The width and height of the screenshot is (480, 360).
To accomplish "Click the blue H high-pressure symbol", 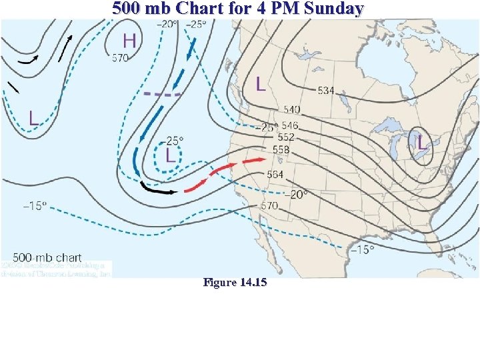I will [129, 40].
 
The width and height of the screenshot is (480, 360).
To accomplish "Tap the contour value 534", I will [326, 90].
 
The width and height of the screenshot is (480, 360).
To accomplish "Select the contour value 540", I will [291, 109].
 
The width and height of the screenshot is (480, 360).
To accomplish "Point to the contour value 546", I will [290, 125].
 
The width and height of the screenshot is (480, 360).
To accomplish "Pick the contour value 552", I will [286, 137].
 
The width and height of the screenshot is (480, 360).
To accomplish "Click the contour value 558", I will [281, 150].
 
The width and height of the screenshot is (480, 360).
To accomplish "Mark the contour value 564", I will [275, 174].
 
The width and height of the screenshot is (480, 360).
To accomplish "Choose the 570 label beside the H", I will [120, 58].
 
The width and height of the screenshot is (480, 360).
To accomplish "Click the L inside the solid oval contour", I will [421, 142].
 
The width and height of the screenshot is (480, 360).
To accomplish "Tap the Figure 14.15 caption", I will [235, 283].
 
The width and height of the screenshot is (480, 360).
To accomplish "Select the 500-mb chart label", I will [47, 257].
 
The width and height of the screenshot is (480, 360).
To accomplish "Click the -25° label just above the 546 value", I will [269, 127].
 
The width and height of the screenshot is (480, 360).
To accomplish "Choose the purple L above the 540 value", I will [261, 84].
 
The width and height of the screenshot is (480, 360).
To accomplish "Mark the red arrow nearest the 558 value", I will [254, 161].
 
